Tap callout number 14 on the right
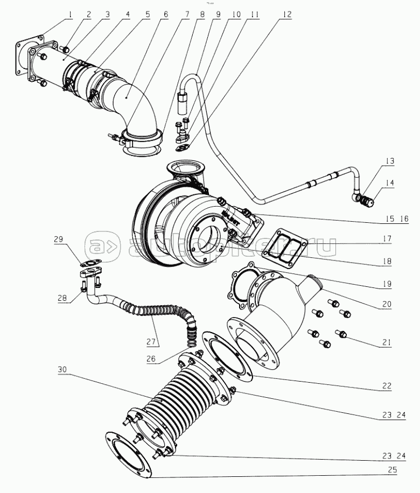[389, 183]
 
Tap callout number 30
[64, 370]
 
